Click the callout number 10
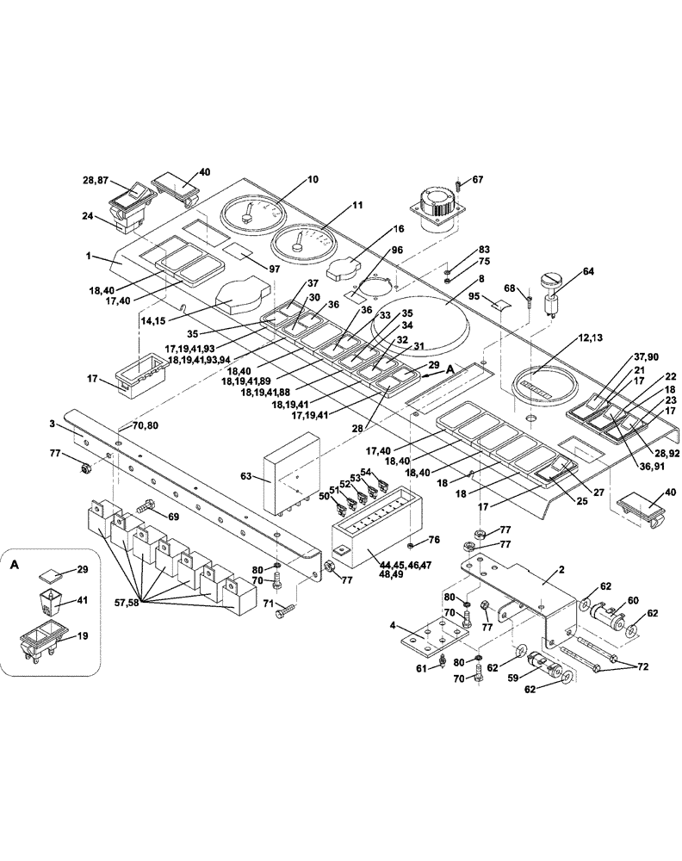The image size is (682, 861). pos(312,180)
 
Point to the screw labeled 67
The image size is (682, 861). pos(460,183)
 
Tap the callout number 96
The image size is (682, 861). pos(397,250)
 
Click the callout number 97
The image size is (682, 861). pos(275,269)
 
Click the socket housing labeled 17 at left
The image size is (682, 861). pos(136,377)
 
